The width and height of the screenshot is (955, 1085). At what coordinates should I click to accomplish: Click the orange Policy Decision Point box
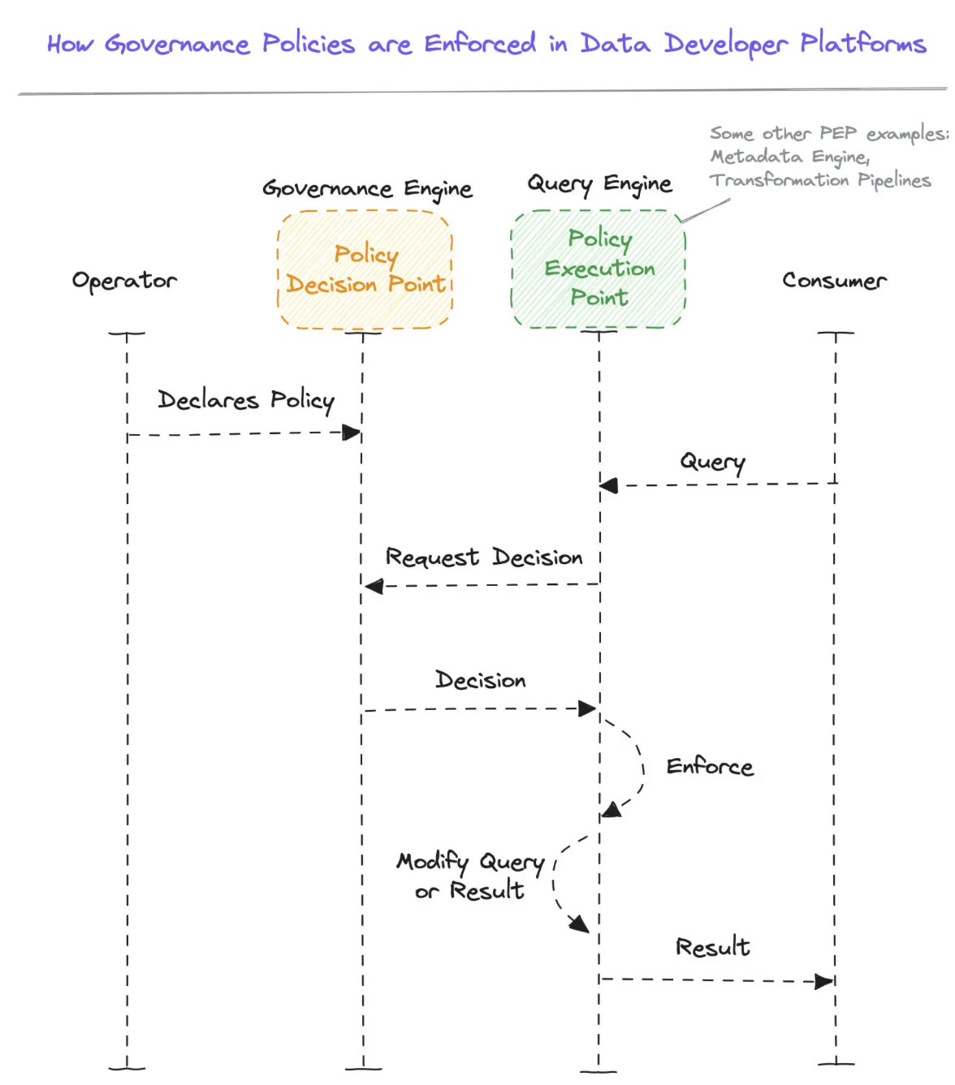(x=365, y=269)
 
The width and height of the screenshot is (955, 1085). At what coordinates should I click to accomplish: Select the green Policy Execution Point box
(x=598, y=269)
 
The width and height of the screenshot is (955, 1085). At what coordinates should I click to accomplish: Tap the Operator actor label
(x=124, y=281)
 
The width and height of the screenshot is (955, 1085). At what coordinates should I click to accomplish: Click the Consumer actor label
(x=834, y=281)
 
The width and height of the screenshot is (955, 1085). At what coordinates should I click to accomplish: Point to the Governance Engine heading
(x=367, y=189)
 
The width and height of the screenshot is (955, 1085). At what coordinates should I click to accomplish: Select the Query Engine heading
(x=599, y=184)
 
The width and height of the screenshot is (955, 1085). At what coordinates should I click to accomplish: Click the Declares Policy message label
(x=245, y=400)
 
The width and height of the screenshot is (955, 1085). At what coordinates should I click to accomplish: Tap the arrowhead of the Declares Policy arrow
(x=352, y=433)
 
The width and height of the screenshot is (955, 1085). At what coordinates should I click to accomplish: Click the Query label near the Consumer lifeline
(x=712, y=462)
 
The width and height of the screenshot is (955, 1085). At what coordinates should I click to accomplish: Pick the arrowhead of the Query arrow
(x=609, y=485)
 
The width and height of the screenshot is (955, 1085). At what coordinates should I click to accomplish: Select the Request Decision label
(x=483, y=558)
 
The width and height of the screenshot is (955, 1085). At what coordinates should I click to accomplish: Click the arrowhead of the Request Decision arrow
(x=374, y=586)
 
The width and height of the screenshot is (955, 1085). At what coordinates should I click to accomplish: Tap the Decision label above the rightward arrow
(x=480, y=680)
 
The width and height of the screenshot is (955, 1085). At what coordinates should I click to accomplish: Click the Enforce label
(x=710, y=767)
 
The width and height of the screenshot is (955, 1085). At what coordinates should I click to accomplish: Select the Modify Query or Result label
(x=470, y=876)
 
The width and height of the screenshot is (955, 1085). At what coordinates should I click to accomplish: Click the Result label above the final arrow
(x=712, y=947)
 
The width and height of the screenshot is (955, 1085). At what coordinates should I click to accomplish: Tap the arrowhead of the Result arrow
(x=824, y=981)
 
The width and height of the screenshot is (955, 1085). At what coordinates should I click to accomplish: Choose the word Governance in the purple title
(x=177, y=44)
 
